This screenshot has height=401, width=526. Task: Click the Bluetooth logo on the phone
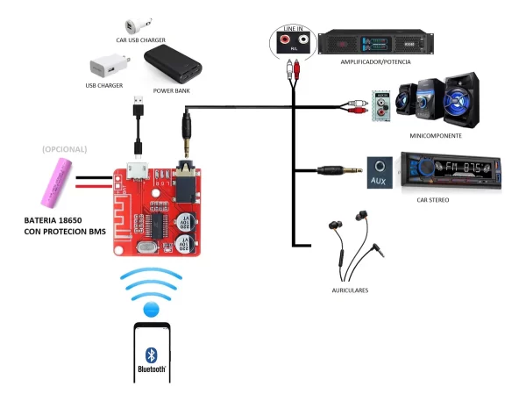151,354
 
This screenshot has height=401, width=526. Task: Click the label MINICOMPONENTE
435,136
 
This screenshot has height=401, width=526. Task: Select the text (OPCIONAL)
64,149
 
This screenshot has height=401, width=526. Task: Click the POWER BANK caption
172,90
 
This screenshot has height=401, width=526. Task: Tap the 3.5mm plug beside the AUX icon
338,170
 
